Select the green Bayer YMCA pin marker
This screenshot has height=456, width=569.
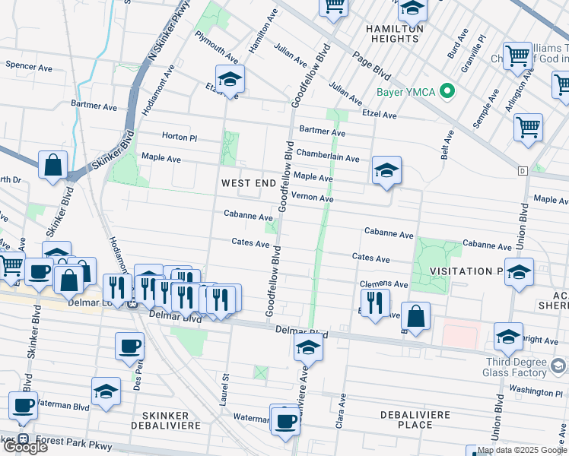tap(448, 93)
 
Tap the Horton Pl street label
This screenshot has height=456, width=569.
tap(180, 137)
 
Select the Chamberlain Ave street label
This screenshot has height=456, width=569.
tap(327, 157)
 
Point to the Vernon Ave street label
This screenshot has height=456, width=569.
tap(313, 198)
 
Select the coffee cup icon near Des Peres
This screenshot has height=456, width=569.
tap(129, 347)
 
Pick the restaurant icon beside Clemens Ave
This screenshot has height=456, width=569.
tap(375, 302)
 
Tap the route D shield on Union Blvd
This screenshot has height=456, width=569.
tap(522, 171)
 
